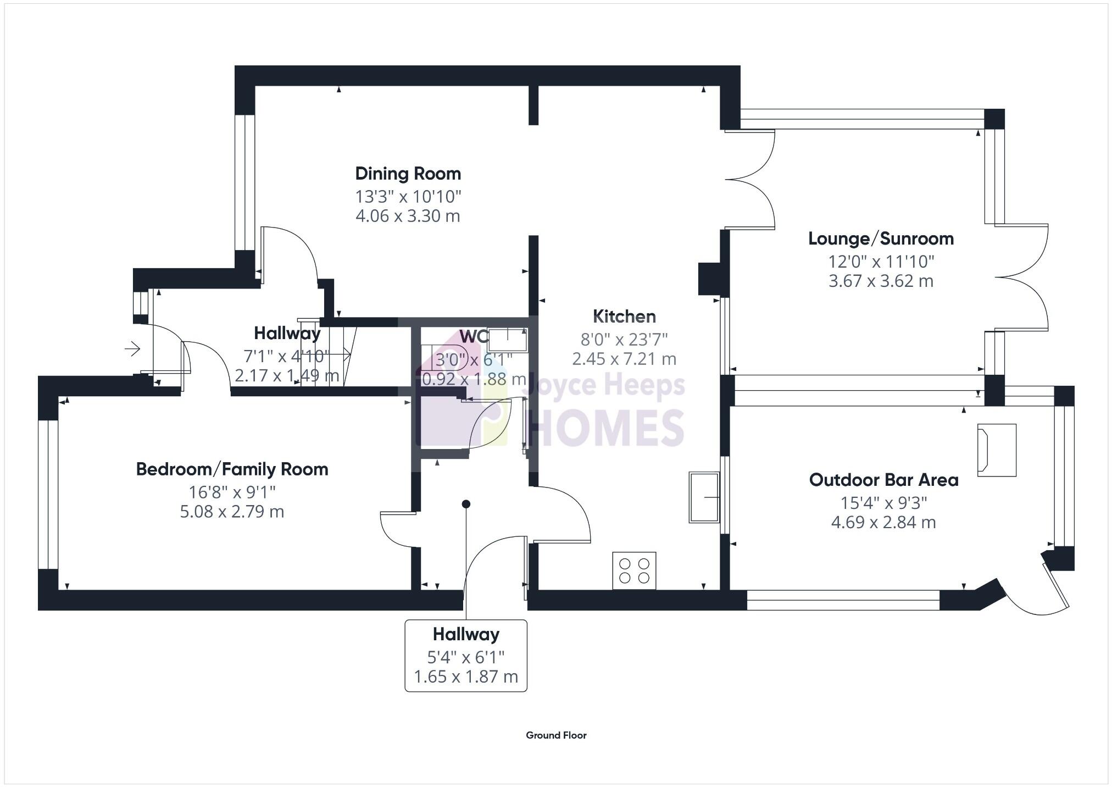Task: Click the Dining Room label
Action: pyautogui.click(x=408, y=174)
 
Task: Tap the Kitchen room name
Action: pyautogui.click(x=624, y=317)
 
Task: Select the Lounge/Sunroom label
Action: pyautogui.click(x=881, y=239)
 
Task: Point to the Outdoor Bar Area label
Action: pyautogui.click(x=883, y=480)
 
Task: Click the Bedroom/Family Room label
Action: pyautogui.click(x=232, y=469)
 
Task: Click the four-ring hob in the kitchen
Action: pyautogui.click(x=634, y=570)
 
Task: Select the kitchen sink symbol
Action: pyautogui.click(x=704, y=497)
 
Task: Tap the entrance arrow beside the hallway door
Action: pyautogui.click(x=132, y=348)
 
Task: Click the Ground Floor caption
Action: pyautogui.click(x=556, y=735)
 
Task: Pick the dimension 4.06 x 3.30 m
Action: pyautogui.click(x=408, y=216)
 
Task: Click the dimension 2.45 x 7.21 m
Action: pyautogui.click(x=624, y=359)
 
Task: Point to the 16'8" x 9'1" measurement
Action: pyautogui.click(x=232, y=491)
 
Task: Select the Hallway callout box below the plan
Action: pyautogui.click(x=466, y=656)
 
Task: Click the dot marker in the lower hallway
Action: pyautogui.click(x=466, y=504)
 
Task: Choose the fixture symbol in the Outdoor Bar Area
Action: pyautogui.click(x=996, y=450)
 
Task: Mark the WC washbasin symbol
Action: pyautogui.click(x=508, y=340)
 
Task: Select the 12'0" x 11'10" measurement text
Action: pyautogui.click(x=881, y=261)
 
